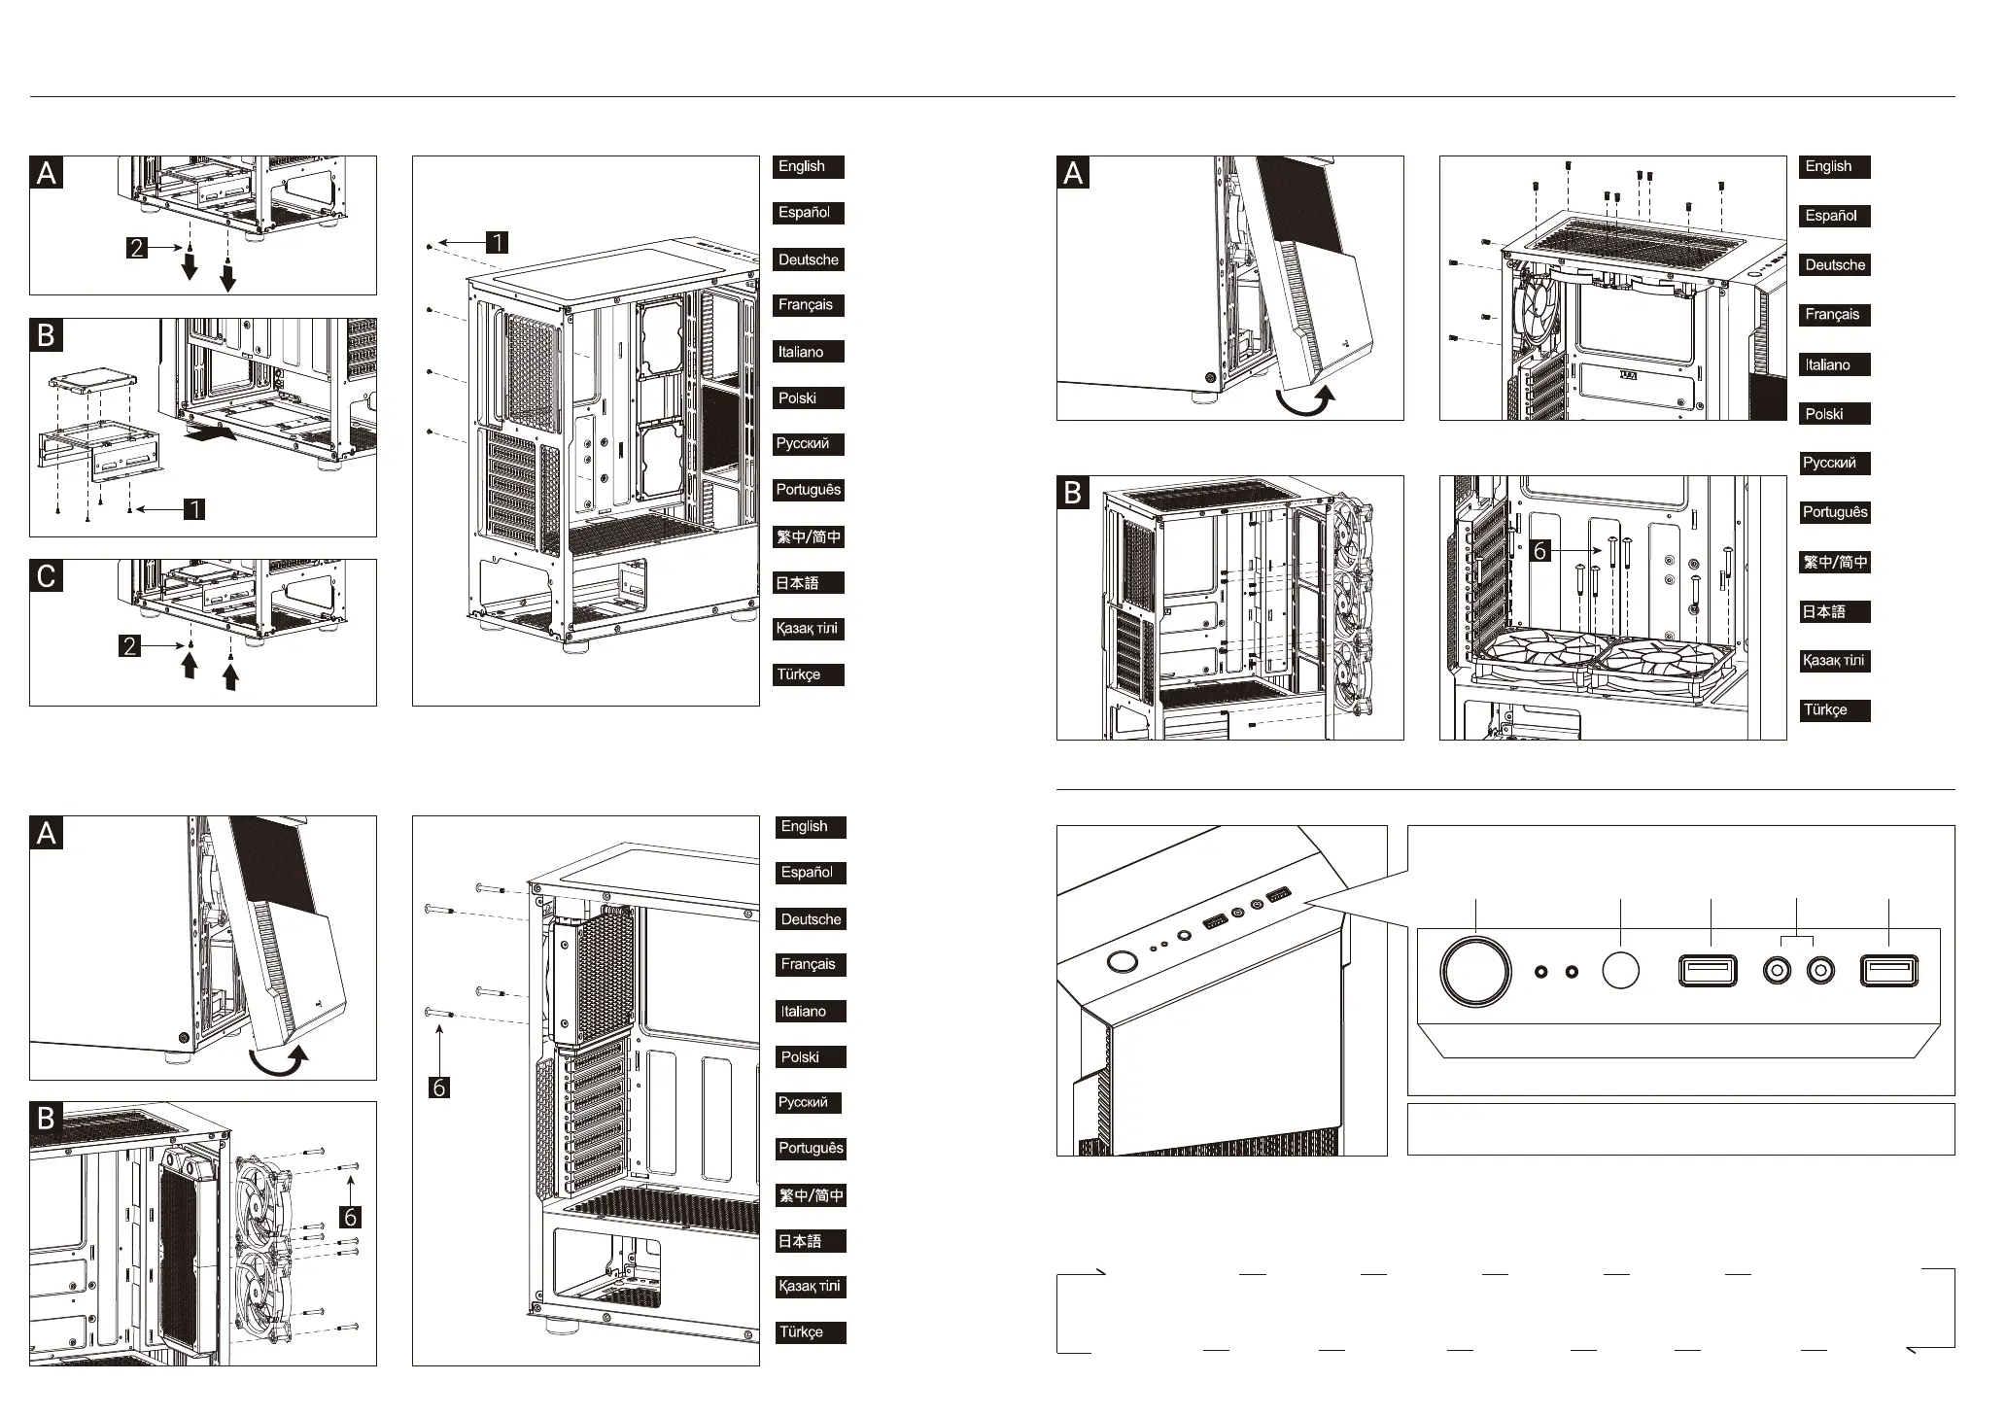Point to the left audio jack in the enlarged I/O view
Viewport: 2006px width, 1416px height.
point(1778,971)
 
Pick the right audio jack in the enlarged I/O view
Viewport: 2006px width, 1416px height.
point(1820,971)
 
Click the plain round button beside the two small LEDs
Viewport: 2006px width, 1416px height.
point(1620,970)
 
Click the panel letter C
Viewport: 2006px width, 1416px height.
point(47,577)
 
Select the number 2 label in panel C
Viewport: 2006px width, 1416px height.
point(130,645)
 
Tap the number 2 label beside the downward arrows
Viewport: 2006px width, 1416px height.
point(137,248)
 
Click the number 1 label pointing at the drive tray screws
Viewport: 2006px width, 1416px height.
point(194,508)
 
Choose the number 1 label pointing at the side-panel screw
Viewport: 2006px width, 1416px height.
point(497,242)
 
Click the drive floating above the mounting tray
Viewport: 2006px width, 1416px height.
point(91,381)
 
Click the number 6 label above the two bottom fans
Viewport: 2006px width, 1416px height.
point(1539,551)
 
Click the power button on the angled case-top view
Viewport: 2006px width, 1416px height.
point(1122,962)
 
